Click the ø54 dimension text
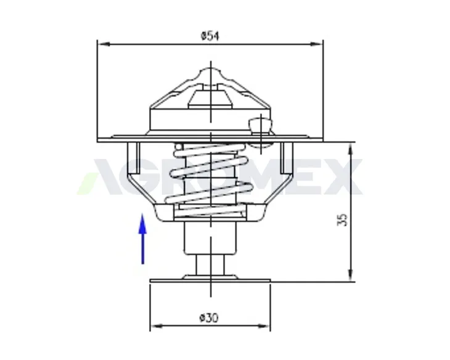[x=210, y=36]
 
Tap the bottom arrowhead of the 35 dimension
[x=351, y=275]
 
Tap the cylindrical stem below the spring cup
[x=210, y=238]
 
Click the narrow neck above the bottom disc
[x=210, y=267]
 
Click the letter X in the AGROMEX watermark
[x=344, y=177]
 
